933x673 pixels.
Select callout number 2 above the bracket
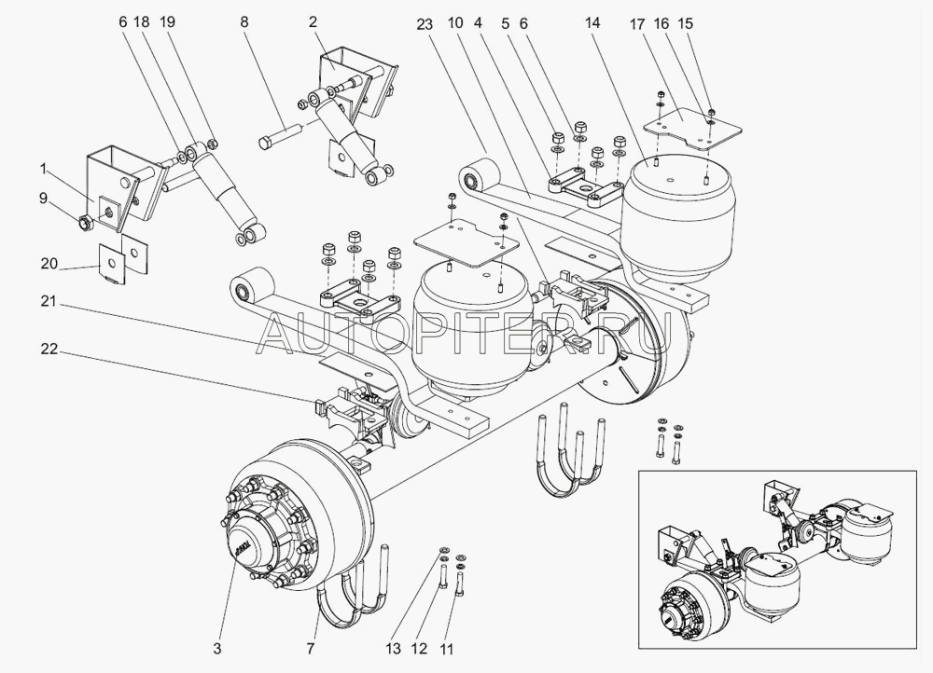coord(313,20)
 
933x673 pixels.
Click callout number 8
coord(244,20)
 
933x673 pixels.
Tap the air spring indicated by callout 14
coord(679,210)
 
